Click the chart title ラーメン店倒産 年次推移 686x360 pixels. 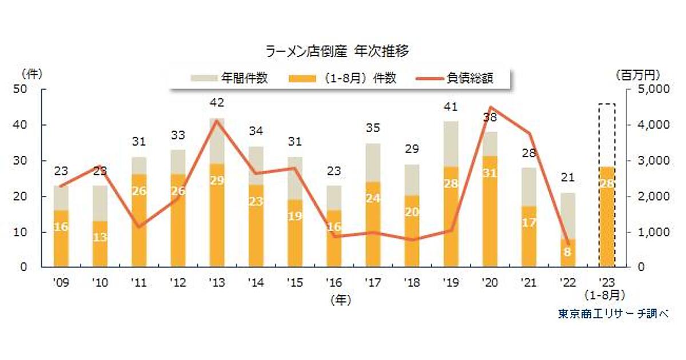point(337,51)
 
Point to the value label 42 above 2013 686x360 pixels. point(217,103)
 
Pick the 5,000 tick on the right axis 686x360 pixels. point(648,90)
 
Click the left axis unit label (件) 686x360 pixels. point(32,74)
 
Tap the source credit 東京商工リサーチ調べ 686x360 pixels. point(613,313)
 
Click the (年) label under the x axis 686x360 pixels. point(341,298)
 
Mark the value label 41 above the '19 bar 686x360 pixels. point(451,107)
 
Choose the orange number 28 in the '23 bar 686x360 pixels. point(607,182)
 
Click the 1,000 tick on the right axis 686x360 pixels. point(648,233)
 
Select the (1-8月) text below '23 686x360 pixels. point(607,295)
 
